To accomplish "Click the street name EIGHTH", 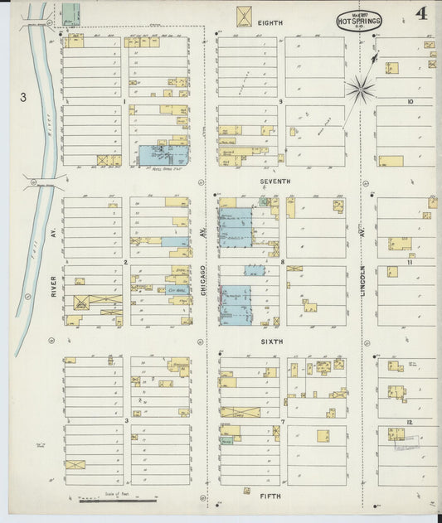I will pos(270,23).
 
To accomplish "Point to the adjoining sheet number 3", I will pos(23,98).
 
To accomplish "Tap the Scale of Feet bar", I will pos(117,500).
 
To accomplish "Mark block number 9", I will pos(282,102).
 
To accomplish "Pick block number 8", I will pos(282,262).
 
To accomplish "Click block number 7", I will pos(282,421).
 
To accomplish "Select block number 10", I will pos(410,102).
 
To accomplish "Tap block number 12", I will pos(410,422).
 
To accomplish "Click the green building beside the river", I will pos(71,14).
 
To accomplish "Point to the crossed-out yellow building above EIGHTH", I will pos(245,16).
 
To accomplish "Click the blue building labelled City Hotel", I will pos(175,291).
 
